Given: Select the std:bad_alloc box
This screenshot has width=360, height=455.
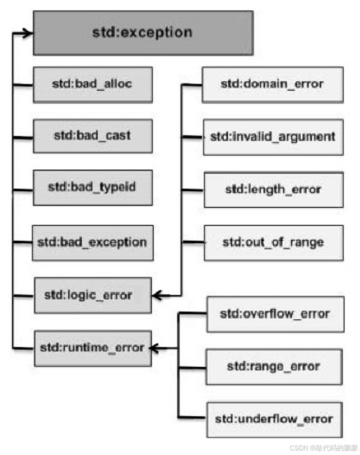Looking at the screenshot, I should point(93,84).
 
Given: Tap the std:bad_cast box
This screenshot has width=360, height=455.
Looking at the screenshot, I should point(93,136).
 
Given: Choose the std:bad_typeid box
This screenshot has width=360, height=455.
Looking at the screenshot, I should point(93,188).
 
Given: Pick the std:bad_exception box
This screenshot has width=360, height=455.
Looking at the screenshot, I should point(93,242).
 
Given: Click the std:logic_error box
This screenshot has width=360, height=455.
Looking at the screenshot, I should point(92,295).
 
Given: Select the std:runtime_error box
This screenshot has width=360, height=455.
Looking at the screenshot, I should point(92,348).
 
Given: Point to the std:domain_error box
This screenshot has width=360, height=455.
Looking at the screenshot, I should point(272,84).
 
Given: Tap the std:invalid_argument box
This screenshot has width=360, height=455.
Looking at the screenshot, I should point(272,136).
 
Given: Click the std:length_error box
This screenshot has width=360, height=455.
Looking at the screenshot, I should point(272,189).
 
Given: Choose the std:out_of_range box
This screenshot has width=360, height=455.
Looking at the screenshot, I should point(272,242).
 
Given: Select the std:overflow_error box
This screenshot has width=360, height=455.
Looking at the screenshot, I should point(274,313).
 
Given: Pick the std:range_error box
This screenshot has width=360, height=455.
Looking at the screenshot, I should point(274,366).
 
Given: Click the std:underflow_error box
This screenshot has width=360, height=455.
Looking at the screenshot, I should point(274,419).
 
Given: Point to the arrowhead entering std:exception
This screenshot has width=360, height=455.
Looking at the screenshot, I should point(28,32).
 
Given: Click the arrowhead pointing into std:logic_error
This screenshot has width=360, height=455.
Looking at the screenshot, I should point(157,296).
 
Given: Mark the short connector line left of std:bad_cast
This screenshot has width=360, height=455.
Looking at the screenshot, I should point(23,136).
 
